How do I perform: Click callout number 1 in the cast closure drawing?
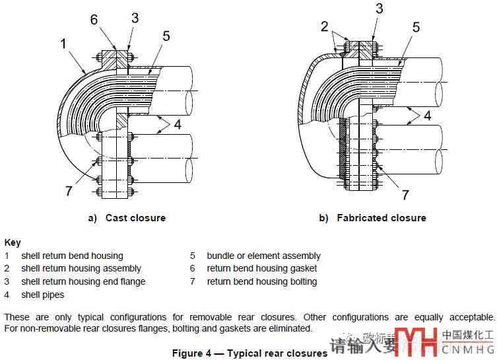click(63, 44)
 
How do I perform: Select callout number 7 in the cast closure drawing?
click(68, 191)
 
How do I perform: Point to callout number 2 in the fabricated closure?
click(325, 26)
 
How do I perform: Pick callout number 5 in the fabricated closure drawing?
click(416, 27)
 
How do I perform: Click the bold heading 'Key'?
click(12, 242)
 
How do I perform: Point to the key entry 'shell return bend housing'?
click(72, 256)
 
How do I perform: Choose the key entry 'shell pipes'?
click(43, 295)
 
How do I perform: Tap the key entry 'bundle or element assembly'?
click(263, 256)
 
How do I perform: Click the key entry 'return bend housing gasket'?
click(261, 268)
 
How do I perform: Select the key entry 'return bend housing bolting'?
click(261, 281)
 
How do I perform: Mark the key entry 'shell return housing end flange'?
click(83, 281)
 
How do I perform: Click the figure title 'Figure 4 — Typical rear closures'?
click(249, 353)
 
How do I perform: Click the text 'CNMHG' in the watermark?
click(468, 349)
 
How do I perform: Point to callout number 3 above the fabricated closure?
click(379, 9)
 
